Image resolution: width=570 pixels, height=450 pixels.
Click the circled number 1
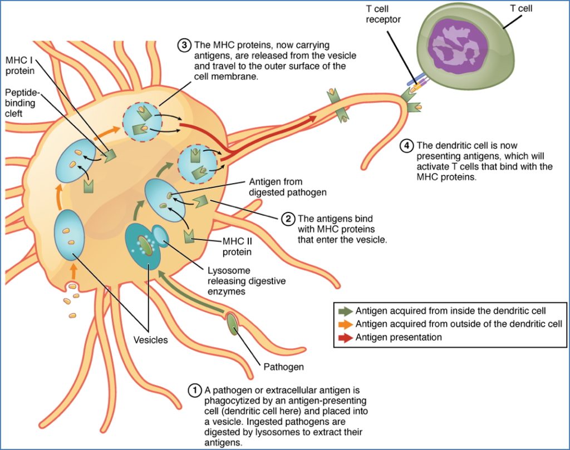pyautogui.click(x=194, y=390)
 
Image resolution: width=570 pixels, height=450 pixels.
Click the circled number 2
pyautogui.click(x=288, y=219)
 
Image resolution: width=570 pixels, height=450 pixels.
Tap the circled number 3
pyautogui.click(x=184, y=46)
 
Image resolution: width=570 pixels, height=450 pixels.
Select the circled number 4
pyautogui.click(x=406, y=146)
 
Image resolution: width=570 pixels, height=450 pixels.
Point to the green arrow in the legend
pyautogui.click(x=345, y=311)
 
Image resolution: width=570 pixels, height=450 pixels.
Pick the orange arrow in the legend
pyautogui.click(x=345, y=324)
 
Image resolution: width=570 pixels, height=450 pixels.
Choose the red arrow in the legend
pyautogui.click(x=345, y=337)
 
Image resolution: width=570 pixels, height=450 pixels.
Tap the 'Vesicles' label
pyautogui.click(x=150, y=340)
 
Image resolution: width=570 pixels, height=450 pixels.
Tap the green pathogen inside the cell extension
pyautogui.click(x=233, y=325)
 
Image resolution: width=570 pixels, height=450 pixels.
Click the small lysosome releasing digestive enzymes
pyautogui.click(x=161, y=236)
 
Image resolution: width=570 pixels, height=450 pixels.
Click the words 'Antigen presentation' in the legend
pyautogui.click(x=399, y=337)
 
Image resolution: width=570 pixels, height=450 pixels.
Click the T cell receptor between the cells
pyautogui.click(x=415, y=83)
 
